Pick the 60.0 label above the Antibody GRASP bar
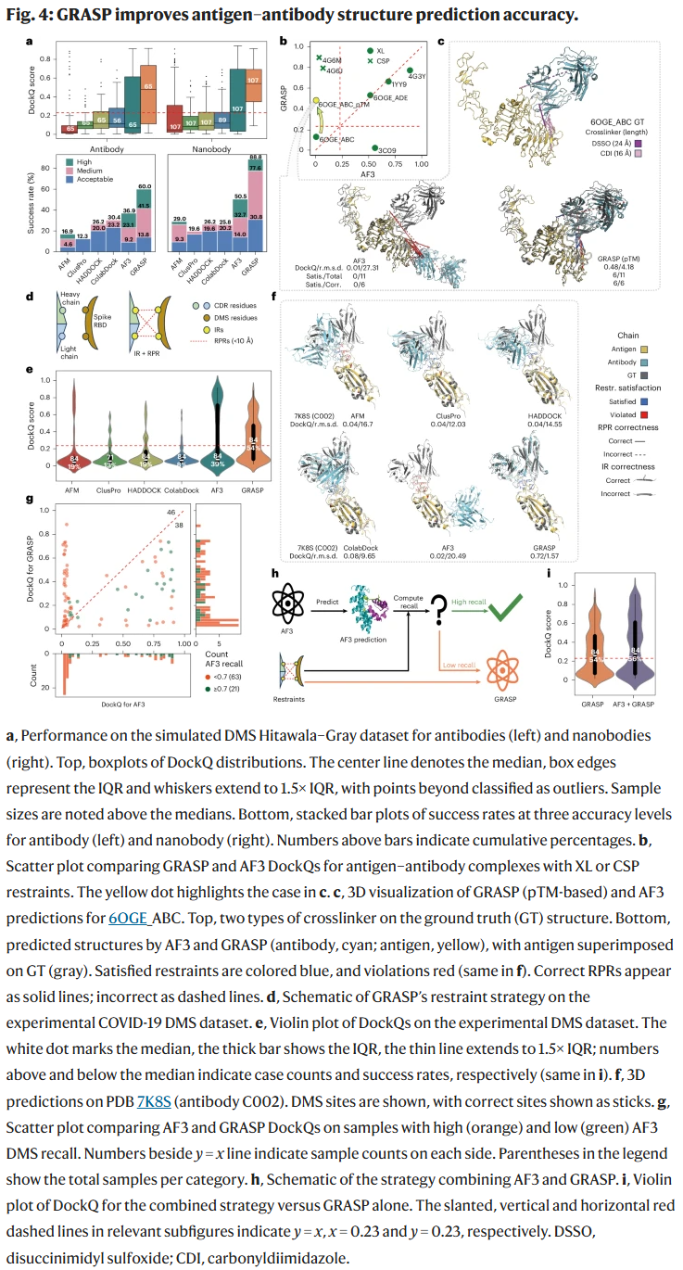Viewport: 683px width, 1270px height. (x=145, y=185)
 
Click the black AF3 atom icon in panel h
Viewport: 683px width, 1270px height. (x=289, y=609)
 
